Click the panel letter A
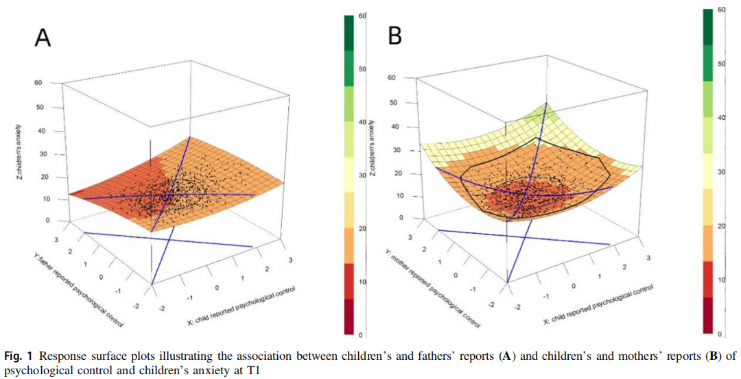[x=43, y=37]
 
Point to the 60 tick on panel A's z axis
[x=38, y=83]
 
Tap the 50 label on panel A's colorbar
[x=362, y=69]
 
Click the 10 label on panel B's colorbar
[x=722, y=280]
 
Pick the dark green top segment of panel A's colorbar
[x=349, y=33]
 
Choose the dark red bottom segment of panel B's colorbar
[x=708, y=315]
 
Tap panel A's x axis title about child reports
[x=242, y=306]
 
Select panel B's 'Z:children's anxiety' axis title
[x=373, y=148]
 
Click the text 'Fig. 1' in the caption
[x=18, y=356]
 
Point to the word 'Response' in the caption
[x=60, y=357]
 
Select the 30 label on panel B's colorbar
[x=722, y=172]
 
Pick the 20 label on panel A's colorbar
[x=362, y=229]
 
